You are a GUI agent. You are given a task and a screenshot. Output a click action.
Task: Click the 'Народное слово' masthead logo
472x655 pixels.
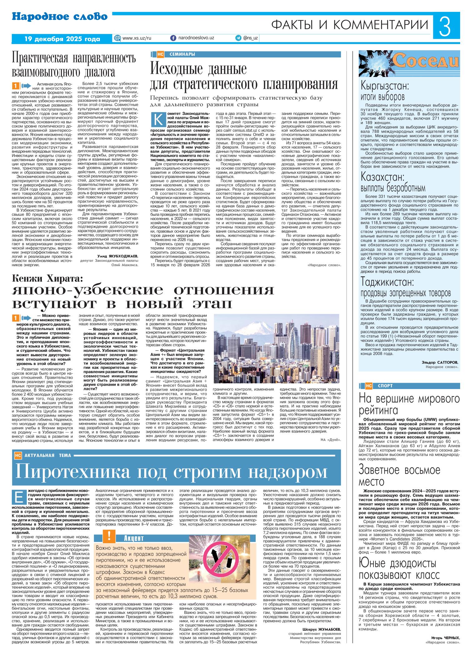tap(60, 17)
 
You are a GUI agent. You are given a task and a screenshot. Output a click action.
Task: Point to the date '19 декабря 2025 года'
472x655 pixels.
tap(62, 39)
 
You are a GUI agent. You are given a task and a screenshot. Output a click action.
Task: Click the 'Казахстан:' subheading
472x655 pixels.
tap(383, 177)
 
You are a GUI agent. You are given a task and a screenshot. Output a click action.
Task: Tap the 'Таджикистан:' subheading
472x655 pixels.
tap(387, 282)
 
